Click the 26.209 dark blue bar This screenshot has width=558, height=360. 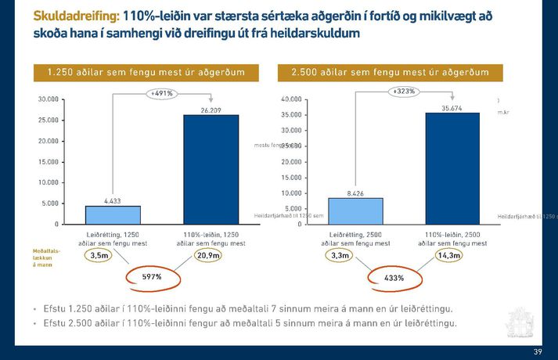coord(211,169)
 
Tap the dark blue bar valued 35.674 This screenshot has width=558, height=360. coord(452,168)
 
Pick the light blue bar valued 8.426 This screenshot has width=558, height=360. coord(355,211)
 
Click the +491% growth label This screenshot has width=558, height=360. coord(162,93)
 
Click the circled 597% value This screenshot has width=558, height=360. coord(151,277)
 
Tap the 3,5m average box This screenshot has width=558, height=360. coord(99,255)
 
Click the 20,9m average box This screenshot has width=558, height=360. coord(207,255)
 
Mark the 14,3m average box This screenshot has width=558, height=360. coord(449,255)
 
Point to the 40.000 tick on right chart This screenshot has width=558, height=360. coord(290,99)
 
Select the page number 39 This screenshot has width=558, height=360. coord(537,351)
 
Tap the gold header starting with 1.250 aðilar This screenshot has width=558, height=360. coord(146,72)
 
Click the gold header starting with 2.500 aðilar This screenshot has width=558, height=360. coord(389,72)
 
